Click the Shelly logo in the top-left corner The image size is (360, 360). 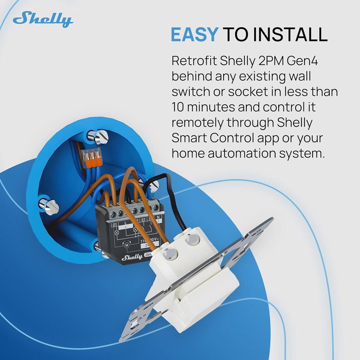(43, 20)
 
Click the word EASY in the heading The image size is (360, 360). (194, 34)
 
